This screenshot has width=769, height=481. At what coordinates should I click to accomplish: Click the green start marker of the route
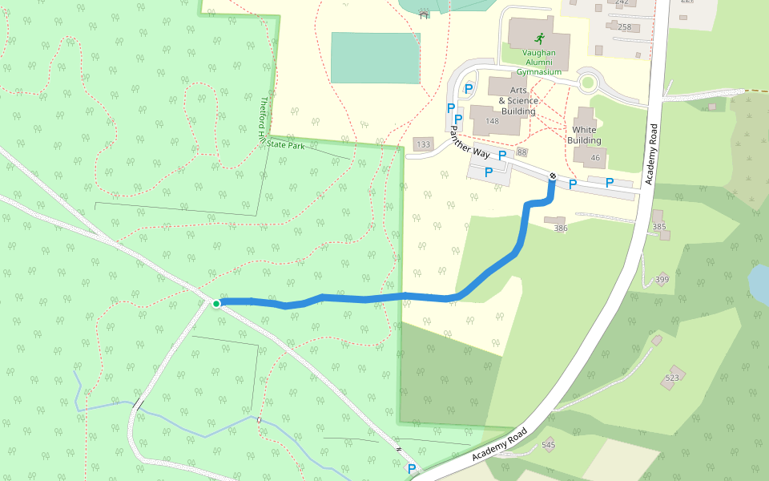tap(216, 303)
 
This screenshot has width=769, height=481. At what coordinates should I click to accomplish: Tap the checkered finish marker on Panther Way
tap(553, 176)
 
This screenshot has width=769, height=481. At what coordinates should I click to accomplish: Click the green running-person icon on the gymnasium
tap(539, 38)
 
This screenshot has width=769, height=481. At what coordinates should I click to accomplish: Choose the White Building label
tap(584, 135)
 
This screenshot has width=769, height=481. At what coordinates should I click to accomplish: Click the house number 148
tap(492, 122)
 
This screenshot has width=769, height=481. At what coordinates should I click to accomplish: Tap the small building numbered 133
tap(423, 145)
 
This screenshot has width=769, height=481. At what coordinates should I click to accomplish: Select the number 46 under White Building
tap(595, 158)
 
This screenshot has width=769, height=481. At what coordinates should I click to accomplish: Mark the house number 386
tap(561, 228)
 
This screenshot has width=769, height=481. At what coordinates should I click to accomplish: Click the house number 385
tap(659, 227)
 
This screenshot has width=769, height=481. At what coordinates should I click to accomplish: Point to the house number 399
tap(662, 280)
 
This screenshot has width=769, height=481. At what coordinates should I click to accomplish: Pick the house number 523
tap(671, 378)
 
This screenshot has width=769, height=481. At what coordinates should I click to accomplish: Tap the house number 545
tap(548, 445)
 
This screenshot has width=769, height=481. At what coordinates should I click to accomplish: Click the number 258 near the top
tap(625, 27)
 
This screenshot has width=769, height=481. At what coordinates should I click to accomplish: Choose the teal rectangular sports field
tap(375, 58)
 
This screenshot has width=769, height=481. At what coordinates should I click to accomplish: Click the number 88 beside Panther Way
tap(522, 152)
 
